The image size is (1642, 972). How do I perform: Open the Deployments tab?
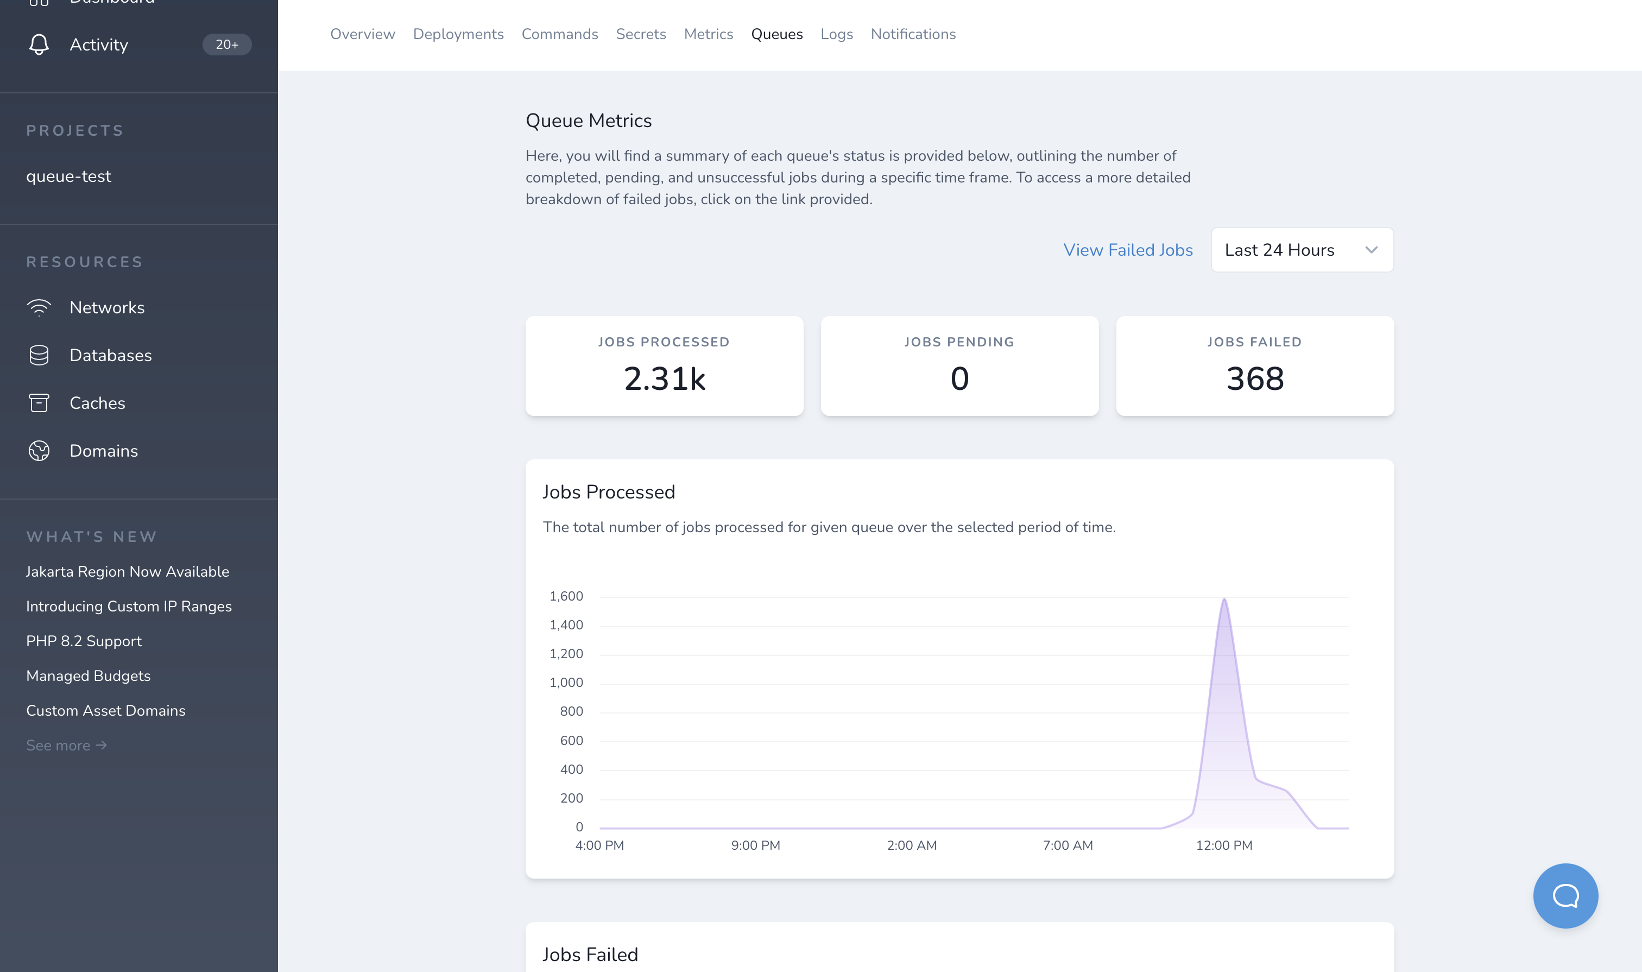point(458,34)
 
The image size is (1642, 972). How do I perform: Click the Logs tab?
point(836,34)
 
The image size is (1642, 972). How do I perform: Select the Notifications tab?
point(913,34)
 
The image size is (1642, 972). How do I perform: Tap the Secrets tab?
point(641,34)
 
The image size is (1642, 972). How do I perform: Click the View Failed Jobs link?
point(1128,250)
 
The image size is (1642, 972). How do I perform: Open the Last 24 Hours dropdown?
point(1302,250)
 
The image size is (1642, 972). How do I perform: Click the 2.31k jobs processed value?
point(664,378)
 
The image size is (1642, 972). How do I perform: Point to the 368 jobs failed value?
point(1254,378)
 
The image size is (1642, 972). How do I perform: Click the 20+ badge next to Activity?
point(226,45)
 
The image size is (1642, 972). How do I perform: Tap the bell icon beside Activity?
point(39,45)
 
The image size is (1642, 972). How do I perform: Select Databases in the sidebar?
point(111,355)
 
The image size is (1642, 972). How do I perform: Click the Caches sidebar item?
point(97,403)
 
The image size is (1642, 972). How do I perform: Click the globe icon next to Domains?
point(39,451)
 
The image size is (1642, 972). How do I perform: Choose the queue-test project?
point(69,176)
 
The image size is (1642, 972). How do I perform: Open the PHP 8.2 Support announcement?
point(84,641)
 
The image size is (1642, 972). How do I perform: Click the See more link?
point(66,746)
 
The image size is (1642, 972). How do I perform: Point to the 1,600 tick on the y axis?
point(566,596)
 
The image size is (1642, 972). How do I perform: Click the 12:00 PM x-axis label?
point(1223,845)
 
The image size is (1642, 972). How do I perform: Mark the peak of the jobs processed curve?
point(1224,598)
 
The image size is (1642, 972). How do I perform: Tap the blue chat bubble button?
point(1565,895)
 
